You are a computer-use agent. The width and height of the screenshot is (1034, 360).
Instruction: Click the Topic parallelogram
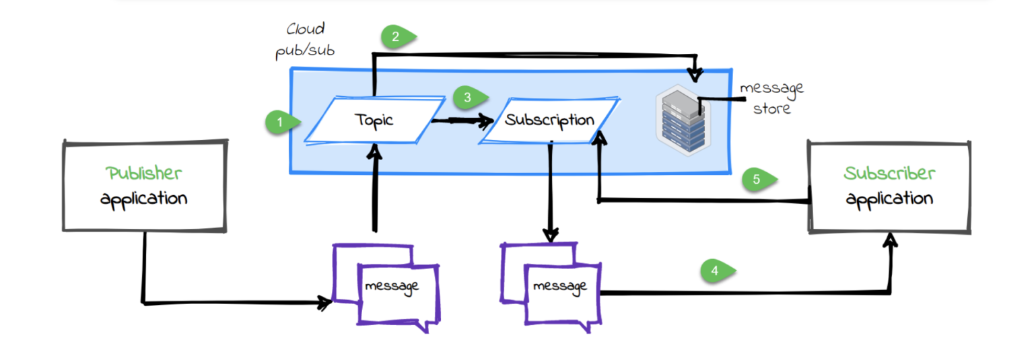click(374, 120)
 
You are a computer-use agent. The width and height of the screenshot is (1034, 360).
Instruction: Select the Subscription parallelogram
click(550, 120)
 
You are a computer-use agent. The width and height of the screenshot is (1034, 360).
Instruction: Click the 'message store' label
click(771, 98)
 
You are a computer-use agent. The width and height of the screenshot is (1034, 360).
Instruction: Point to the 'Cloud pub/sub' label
click(306, 41)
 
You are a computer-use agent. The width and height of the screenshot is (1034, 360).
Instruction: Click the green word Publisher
click(144, 173)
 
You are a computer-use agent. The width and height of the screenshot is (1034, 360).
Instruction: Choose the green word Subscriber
click(889, 173)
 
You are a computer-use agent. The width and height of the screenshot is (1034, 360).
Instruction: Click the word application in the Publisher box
click(144, 199)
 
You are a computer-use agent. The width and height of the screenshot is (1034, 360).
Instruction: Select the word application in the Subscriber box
click(889, 199)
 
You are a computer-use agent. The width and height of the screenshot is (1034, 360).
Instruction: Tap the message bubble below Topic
click(390, 286)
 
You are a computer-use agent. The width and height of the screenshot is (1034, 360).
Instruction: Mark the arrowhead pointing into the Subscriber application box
click(892, 240)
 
